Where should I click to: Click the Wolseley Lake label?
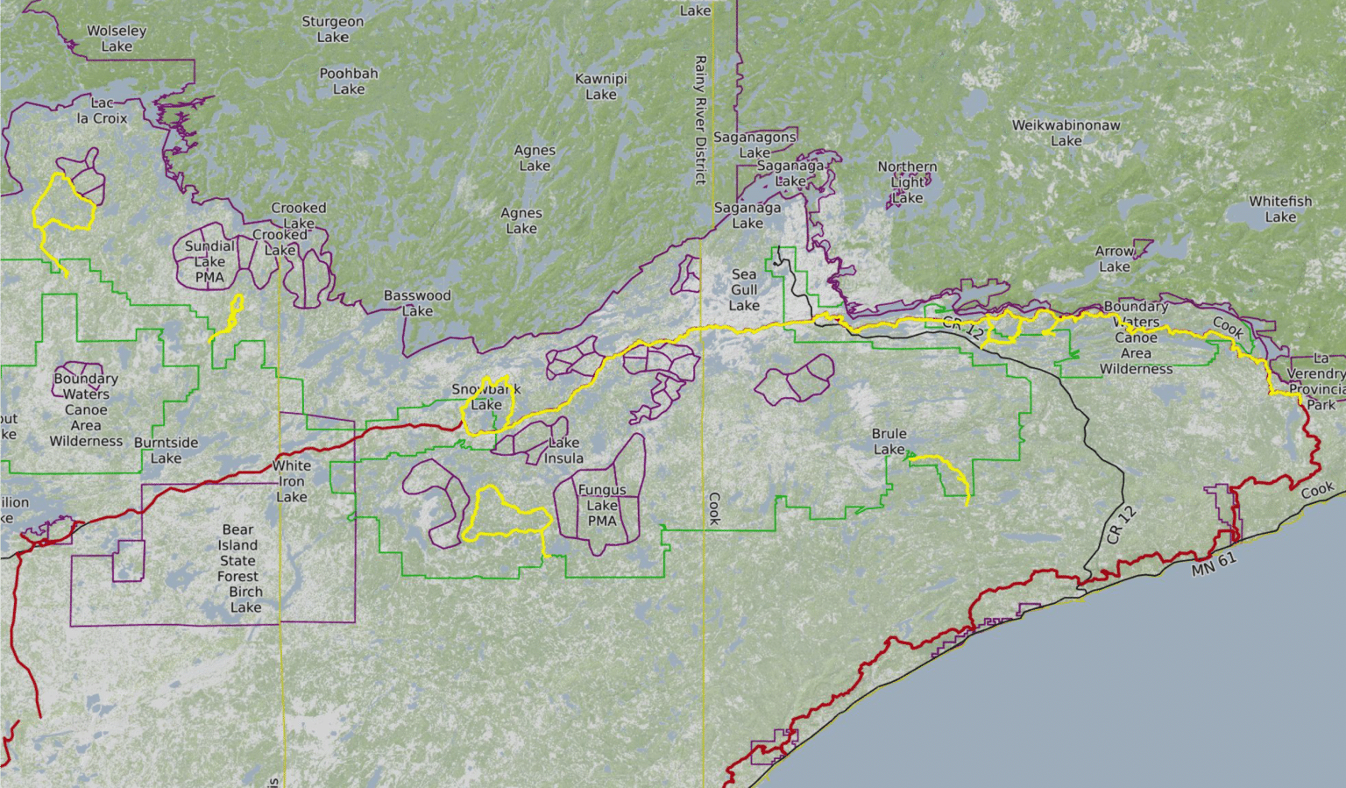click(117, 39)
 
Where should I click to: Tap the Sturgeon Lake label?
click(332, 29)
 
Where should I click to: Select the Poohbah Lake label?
click(349, 81)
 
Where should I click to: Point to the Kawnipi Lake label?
click(601, 86)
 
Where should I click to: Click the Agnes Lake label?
click(535, 158)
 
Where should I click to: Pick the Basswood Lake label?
click(417, 302)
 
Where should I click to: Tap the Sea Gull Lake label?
click(744, 289)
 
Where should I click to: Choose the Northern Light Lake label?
click(907, 181)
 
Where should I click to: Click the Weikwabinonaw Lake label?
click(1066, 132)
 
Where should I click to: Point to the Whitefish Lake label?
click(1280, 209)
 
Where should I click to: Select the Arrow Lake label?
click(1115, 259)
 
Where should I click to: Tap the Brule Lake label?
click(889, 441)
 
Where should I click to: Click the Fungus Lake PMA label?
click(602, 505)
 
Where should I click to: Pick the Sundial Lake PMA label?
click(209, 261)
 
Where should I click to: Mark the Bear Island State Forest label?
click(238, 553)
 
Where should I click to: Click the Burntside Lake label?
click(166, 450)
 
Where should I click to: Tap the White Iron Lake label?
click(292, 480)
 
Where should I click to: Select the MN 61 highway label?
click(1214, 564)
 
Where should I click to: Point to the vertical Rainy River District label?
click(700, 120)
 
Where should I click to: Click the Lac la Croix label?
click(102, 110)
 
